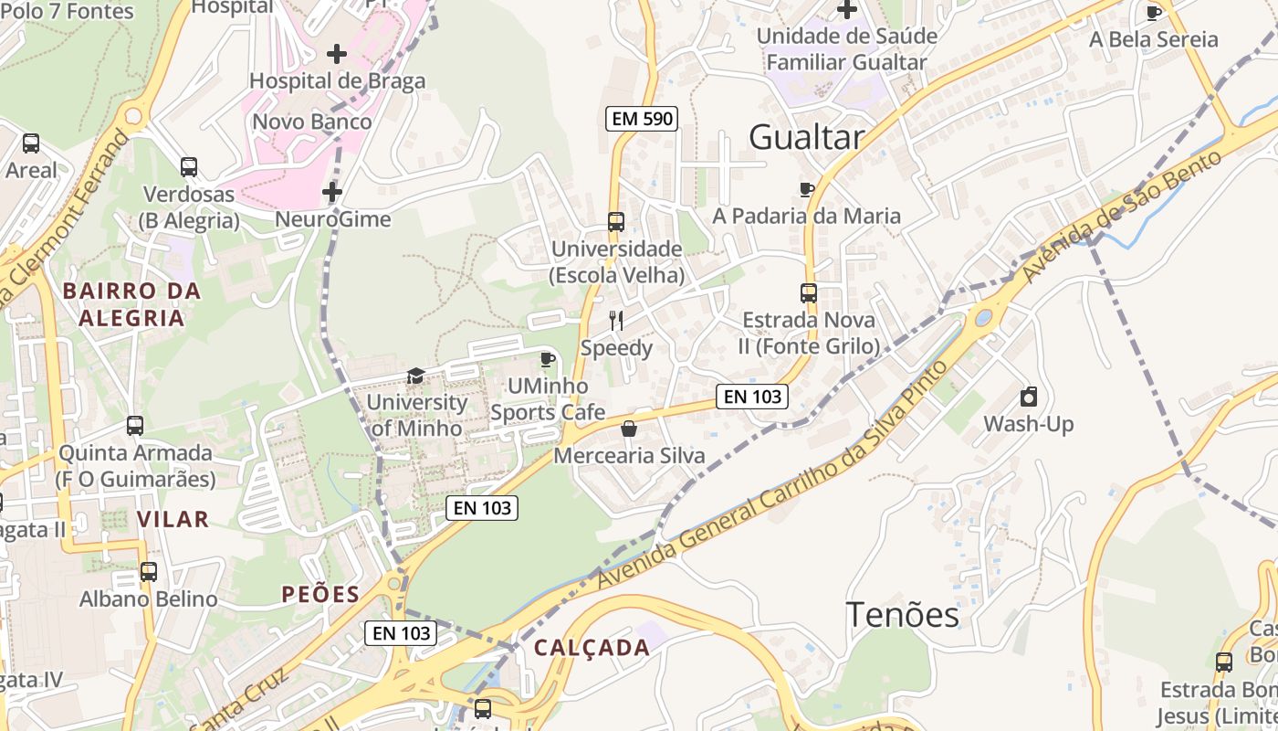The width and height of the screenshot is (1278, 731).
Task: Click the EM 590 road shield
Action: coord(641,118)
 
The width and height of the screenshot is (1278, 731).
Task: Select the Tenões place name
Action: coord(902,615)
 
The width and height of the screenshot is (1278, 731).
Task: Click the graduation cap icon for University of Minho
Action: coord(415,376)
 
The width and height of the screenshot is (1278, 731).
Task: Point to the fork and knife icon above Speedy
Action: coord(616,320)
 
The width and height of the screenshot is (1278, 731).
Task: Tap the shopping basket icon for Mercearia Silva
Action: coord(629,429)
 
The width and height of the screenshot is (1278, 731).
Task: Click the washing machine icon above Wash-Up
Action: coord(1028,397)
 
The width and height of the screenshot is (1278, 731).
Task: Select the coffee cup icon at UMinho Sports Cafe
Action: coord(547,359)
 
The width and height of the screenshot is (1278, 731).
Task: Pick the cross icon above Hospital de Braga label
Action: coord(337,54)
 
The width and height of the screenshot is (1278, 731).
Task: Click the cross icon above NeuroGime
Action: coord(332,192)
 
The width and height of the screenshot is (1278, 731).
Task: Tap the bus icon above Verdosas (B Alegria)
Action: coord(189,167)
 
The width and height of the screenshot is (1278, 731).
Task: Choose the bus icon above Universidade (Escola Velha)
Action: coord(616,222)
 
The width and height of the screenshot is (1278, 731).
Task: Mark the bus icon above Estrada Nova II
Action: coord(809,293)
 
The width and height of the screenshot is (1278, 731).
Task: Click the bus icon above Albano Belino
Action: coord(148,572)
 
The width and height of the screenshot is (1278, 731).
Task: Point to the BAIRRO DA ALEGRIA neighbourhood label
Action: coord(131,304)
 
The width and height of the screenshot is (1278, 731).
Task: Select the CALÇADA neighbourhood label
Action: coord(592,648)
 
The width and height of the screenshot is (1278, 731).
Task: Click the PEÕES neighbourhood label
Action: coord(320,594)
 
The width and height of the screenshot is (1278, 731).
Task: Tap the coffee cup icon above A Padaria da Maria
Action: coord(806,189)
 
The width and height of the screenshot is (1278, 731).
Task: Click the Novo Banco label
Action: coord(312,122)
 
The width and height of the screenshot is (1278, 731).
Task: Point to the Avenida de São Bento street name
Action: coord(1122,217)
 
